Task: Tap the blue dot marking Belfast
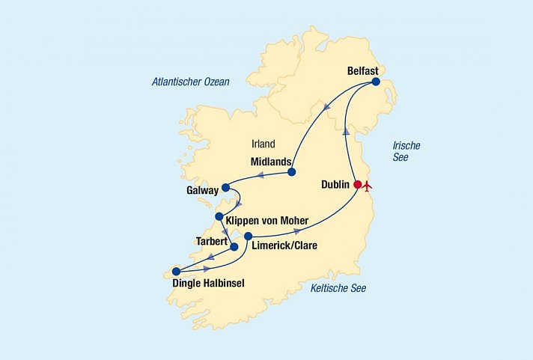(x=376, y=82)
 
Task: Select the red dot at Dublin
(x=357, y=184)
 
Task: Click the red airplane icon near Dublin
(x=367, y=185)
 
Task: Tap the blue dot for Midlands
(x=291, y=173)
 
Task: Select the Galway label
(x=204, y=191)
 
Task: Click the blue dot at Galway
(x=226, y=188)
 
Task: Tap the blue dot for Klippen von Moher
(x=219, y=217)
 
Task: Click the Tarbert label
(x=211, y=242)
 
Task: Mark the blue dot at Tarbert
(x=234, y=246)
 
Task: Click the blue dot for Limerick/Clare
(x=249, y=236)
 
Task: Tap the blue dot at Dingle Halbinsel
(x=176, y=272)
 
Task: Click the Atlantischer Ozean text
(x=190, y=82)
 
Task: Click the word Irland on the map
(x=264, y=144)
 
